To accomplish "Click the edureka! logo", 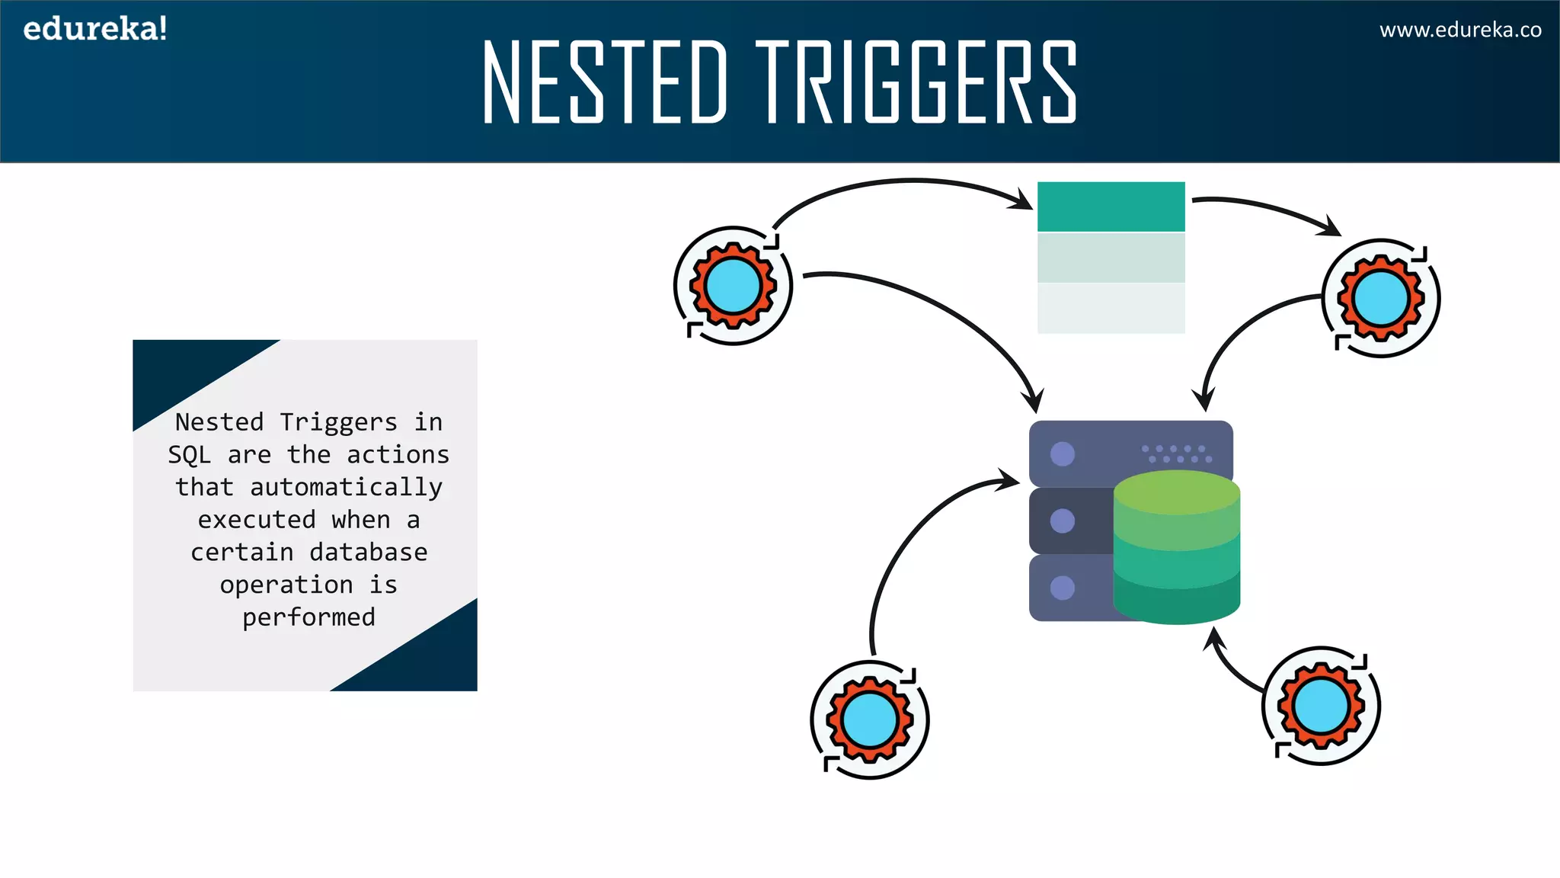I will tap(94, 29).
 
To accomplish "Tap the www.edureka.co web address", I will tap(1459, 30).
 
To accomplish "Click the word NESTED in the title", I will tap(606, 82).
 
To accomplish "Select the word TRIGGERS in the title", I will tap(916, 82).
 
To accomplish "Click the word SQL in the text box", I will tap(189, 455).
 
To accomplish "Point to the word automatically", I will tap(346, 487).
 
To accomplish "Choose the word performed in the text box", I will tap(308, 617).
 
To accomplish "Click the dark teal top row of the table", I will tap(1111, 206).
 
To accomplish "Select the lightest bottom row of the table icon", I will tap(1111, 308).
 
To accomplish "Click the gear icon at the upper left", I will tap(733, 286).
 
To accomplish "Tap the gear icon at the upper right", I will tap(1380, 298).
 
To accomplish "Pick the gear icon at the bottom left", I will tap(869, 719).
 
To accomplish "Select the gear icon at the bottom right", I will tap(1321, 706).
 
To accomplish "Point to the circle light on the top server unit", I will tap(1062, 454).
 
